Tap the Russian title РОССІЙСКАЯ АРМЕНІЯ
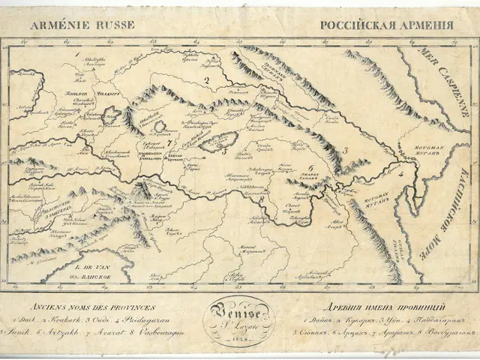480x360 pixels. (x=387, y=25)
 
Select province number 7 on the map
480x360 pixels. (x=170, y=141)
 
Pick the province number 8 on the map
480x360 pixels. (x=260, y=200)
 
